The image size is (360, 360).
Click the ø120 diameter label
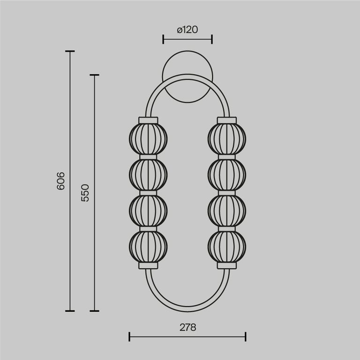[187, 30]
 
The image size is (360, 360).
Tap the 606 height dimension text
[60, 181]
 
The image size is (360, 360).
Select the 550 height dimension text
[85, 193]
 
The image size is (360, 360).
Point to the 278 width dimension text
[187, 327]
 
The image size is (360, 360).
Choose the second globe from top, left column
[148, 174]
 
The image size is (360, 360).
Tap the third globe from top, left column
[148, 210]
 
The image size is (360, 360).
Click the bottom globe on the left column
[148, 245]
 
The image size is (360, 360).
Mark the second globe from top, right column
[227, 174]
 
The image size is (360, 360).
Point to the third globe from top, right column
[227, 210]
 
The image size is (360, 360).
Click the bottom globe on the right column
[227, 245]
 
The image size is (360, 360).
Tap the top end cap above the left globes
[148, 120]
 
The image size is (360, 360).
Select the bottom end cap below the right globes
[227, 265]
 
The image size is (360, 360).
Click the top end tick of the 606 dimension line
[70, 51]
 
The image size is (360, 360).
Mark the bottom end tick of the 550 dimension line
[94, 310]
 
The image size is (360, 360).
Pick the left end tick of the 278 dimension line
[129, 336]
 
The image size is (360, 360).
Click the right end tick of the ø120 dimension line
[212, 39]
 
